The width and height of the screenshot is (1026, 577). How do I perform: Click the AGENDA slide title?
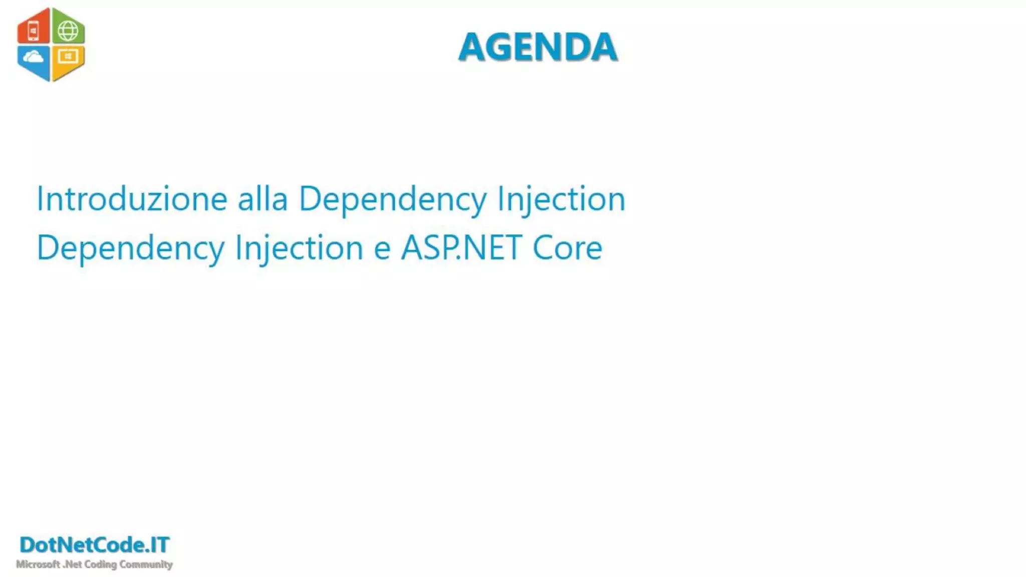click(x=538, y=47)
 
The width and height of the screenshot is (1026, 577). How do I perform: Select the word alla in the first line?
click(x=263, y=199)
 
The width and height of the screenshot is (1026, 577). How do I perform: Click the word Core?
click(x=567, y=248)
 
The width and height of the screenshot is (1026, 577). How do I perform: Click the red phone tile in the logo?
click(x=34, y=29)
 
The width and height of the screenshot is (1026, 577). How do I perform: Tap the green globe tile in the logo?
click(x=68, y=29)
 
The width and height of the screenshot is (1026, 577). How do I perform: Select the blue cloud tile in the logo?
click(x=34, y=60)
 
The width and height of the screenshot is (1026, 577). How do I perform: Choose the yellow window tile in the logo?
click(x=68, y=60)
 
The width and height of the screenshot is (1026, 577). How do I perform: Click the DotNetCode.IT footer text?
click(x=95, y=545)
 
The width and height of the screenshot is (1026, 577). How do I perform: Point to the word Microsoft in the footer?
click(x=38, y=564)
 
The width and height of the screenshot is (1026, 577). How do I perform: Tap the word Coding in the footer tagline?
click(x=100, y=564)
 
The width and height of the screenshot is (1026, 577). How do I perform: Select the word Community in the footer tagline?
click(x=146, y=564)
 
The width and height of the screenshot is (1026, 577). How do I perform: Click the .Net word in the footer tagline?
click(x=72, y=564)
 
